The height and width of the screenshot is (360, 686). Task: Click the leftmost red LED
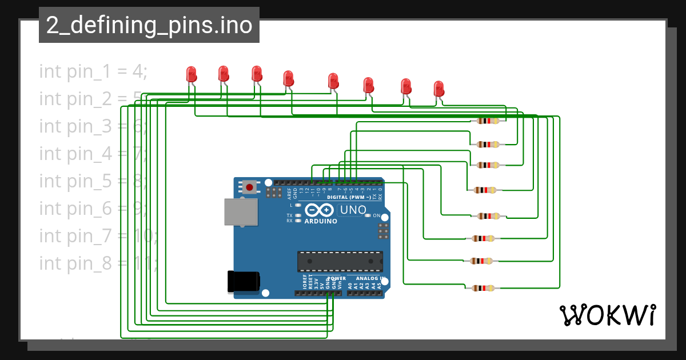pos(191,74)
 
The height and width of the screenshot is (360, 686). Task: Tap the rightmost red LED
pos(438,89)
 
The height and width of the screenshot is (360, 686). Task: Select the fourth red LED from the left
pos(289,79)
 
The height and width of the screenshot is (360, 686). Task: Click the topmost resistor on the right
pos(488,121)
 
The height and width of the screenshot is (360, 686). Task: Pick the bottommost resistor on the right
pos(483,289)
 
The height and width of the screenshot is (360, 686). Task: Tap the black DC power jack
pos(244,281)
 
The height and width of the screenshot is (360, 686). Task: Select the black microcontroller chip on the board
pos(340,261)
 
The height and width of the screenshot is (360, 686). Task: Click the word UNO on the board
pos(353,210)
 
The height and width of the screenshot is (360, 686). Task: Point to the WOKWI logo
pos(607,315)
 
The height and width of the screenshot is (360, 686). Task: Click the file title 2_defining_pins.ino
pos(149,26)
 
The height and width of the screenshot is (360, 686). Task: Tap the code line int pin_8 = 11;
pos(97,263)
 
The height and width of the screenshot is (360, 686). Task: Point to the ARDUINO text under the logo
pos(321,221)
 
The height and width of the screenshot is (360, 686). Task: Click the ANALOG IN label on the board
pos(370,278)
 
